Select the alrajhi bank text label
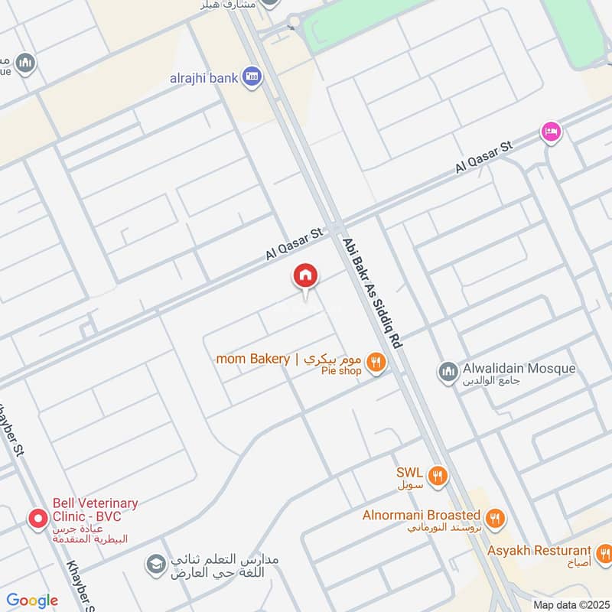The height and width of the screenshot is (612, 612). [204, 76]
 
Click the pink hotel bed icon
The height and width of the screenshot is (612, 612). [550, 132]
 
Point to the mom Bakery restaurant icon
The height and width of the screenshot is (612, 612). [375, 363]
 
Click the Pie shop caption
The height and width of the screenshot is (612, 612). [340, 371]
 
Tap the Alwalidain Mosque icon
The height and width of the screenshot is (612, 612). [448, 373]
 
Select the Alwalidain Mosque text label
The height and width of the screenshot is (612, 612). [519, 369]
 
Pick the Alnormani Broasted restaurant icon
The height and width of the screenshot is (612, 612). [495, 519]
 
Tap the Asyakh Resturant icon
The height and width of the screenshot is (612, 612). [603, 553]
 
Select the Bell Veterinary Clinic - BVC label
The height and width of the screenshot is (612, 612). [95, 510]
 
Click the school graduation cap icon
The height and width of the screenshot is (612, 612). [156, 565]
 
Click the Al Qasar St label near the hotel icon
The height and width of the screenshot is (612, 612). [483, 157]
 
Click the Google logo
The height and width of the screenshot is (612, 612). [32, 601]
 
